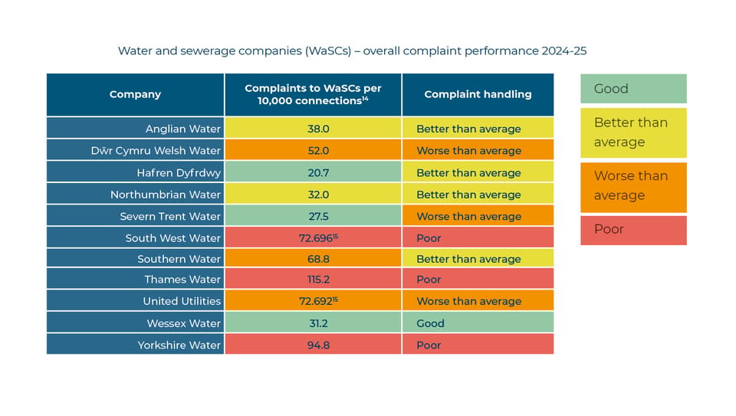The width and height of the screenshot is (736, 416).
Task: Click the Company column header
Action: point(135,94)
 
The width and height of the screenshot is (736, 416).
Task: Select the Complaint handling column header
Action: point(478,94)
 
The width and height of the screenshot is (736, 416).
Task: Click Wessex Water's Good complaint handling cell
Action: point(478,323)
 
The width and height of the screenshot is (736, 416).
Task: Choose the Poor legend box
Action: point(633,230)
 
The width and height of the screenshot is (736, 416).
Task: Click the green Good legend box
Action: point(633,88)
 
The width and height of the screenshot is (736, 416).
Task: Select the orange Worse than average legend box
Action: point(633,187)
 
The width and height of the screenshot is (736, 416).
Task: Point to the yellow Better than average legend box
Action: point(633,133)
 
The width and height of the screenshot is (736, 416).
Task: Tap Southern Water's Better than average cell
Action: point(478,258)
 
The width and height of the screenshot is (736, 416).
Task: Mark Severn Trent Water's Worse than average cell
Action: point(478,216)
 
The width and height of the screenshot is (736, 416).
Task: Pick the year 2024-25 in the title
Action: point(563,51)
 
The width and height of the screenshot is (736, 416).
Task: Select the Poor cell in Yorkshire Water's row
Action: point(478,344)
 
